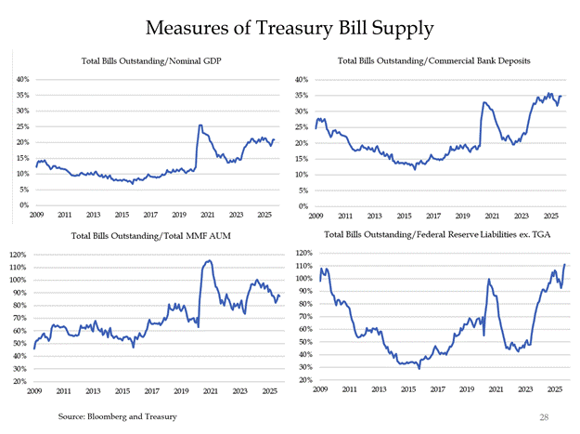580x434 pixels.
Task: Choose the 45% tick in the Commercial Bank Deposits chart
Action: pyautogui.click(x=303, y=79)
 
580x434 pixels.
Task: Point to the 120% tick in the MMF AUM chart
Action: pyautogui.click(x=20, y=254)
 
